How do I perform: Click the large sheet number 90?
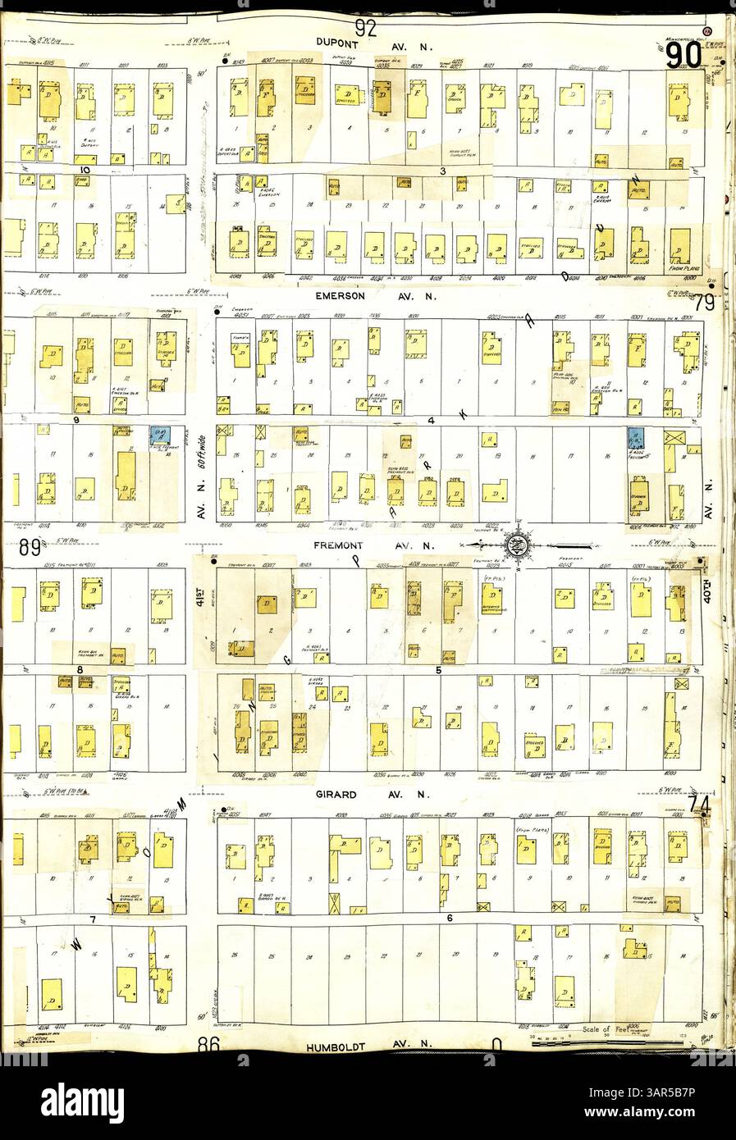coord(683,56)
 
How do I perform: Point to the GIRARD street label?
coord(333,794)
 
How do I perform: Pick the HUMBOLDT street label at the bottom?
coord(340,1047)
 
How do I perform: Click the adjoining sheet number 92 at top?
coord(366,28)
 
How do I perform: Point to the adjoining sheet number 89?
coord(30,549)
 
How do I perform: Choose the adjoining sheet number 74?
coord(700,805)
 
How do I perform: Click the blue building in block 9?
coord(159,435)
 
